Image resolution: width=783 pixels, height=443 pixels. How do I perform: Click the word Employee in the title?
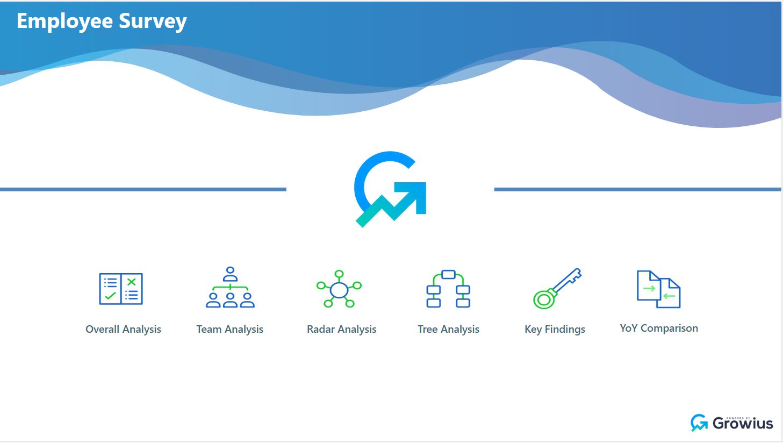pos(64,22)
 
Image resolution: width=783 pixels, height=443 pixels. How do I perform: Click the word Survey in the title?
pos(153,22)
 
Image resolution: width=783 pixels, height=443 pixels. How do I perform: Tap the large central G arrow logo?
pos(390,189)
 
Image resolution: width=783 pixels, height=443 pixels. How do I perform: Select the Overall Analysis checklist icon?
pos(121,289)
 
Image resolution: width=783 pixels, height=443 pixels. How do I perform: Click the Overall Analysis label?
pos(123,330)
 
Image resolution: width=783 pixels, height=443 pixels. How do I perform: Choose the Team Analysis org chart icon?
pos(230,288)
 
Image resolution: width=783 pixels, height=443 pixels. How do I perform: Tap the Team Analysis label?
pos(229,330)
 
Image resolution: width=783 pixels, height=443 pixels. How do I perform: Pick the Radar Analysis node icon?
pos(339,289)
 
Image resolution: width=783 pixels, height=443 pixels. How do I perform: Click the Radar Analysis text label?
pos(341,330)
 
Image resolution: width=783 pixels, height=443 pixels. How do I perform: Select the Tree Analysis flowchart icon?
pos(448,289)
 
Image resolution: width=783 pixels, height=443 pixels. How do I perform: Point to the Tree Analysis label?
pos(448,330)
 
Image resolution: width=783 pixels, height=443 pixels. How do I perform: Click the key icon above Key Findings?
pos(557,289)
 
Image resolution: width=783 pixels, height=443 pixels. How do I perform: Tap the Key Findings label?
pos(555,330)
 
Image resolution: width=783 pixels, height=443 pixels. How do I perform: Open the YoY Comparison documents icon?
pos(658,289)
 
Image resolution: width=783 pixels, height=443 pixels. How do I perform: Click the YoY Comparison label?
pos(659,328)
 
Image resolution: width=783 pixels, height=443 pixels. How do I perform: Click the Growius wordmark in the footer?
pos(743,424)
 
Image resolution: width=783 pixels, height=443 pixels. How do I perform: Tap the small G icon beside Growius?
pos(699,423)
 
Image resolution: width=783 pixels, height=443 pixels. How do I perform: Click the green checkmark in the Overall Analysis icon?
pos(110,296)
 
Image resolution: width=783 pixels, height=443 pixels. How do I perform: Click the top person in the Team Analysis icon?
pos(230,274)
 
